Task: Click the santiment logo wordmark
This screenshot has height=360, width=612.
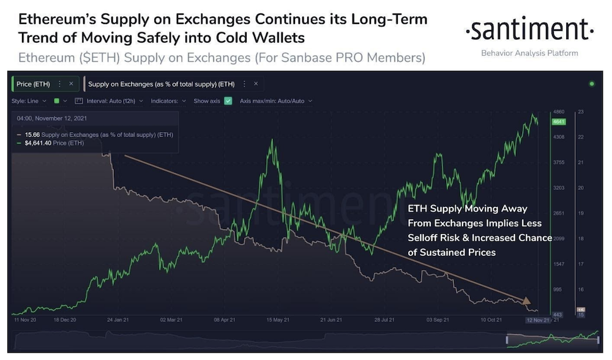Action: tap(529, 29)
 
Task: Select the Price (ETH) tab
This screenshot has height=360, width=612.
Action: tap(33, 84)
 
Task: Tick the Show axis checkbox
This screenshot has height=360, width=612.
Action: tap(228, 101)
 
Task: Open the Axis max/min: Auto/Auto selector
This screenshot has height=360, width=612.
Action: tap(275, 101)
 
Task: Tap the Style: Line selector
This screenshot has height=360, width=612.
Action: tap(27, 101)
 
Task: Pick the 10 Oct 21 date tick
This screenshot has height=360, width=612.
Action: tap(491, 320)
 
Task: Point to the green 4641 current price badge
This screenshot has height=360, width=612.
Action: tap(558, 122)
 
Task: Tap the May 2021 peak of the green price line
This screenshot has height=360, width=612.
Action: tap(270, 141)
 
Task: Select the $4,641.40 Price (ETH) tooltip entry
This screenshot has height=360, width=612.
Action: tap(53, 143)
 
